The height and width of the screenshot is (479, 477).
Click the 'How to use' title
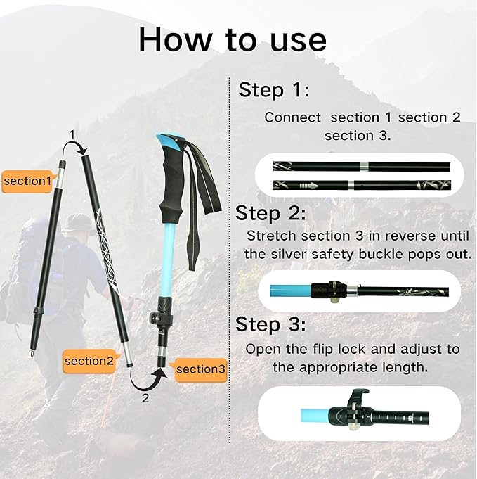pyautogui.click(x=233, y=39)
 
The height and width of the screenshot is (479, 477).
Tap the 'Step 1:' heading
pyautogui.click(x=274, y=89)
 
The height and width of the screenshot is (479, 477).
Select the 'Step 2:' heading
pyautogui.click(x=270, y=213)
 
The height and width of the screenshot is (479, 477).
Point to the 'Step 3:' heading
pyautogui.click(x=270, y=324)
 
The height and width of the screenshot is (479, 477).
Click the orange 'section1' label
pyautogui.click(x=27, y=181)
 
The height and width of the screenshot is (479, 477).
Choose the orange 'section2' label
pyautogui.click(x=89, y=361)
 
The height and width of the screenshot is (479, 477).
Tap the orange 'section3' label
pyautogui.click(x=200, y=369)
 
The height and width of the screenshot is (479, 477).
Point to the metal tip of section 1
pyautogui.click(x=32, y=353)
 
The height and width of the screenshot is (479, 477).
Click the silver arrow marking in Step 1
pyautogui.click(x=308, y=186)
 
